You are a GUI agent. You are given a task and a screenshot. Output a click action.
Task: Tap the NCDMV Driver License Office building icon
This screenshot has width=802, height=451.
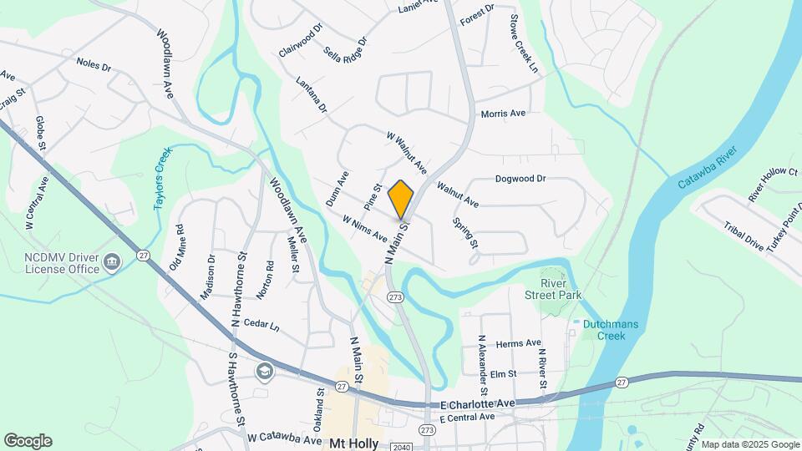(110, 264)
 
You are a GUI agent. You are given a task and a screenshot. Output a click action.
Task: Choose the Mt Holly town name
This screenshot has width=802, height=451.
(354, 443)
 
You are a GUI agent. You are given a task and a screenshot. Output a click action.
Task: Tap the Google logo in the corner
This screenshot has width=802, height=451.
(28, 441)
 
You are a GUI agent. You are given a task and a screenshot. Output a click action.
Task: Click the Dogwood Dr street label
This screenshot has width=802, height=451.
(520, 178)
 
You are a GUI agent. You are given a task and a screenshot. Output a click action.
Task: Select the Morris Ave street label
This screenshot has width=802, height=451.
(503, 114)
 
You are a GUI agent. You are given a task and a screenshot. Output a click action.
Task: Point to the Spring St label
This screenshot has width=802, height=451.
(464, 233)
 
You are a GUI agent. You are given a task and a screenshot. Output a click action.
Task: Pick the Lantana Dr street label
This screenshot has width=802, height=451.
(311, 95)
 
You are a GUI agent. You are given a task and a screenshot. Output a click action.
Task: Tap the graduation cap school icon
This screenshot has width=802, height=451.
(265, 370)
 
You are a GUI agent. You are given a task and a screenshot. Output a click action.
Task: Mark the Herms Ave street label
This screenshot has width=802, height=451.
(518, 343)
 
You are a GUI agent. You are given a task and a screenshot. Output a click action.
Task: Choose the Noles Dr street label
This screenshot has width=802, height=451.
(94, 63)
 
